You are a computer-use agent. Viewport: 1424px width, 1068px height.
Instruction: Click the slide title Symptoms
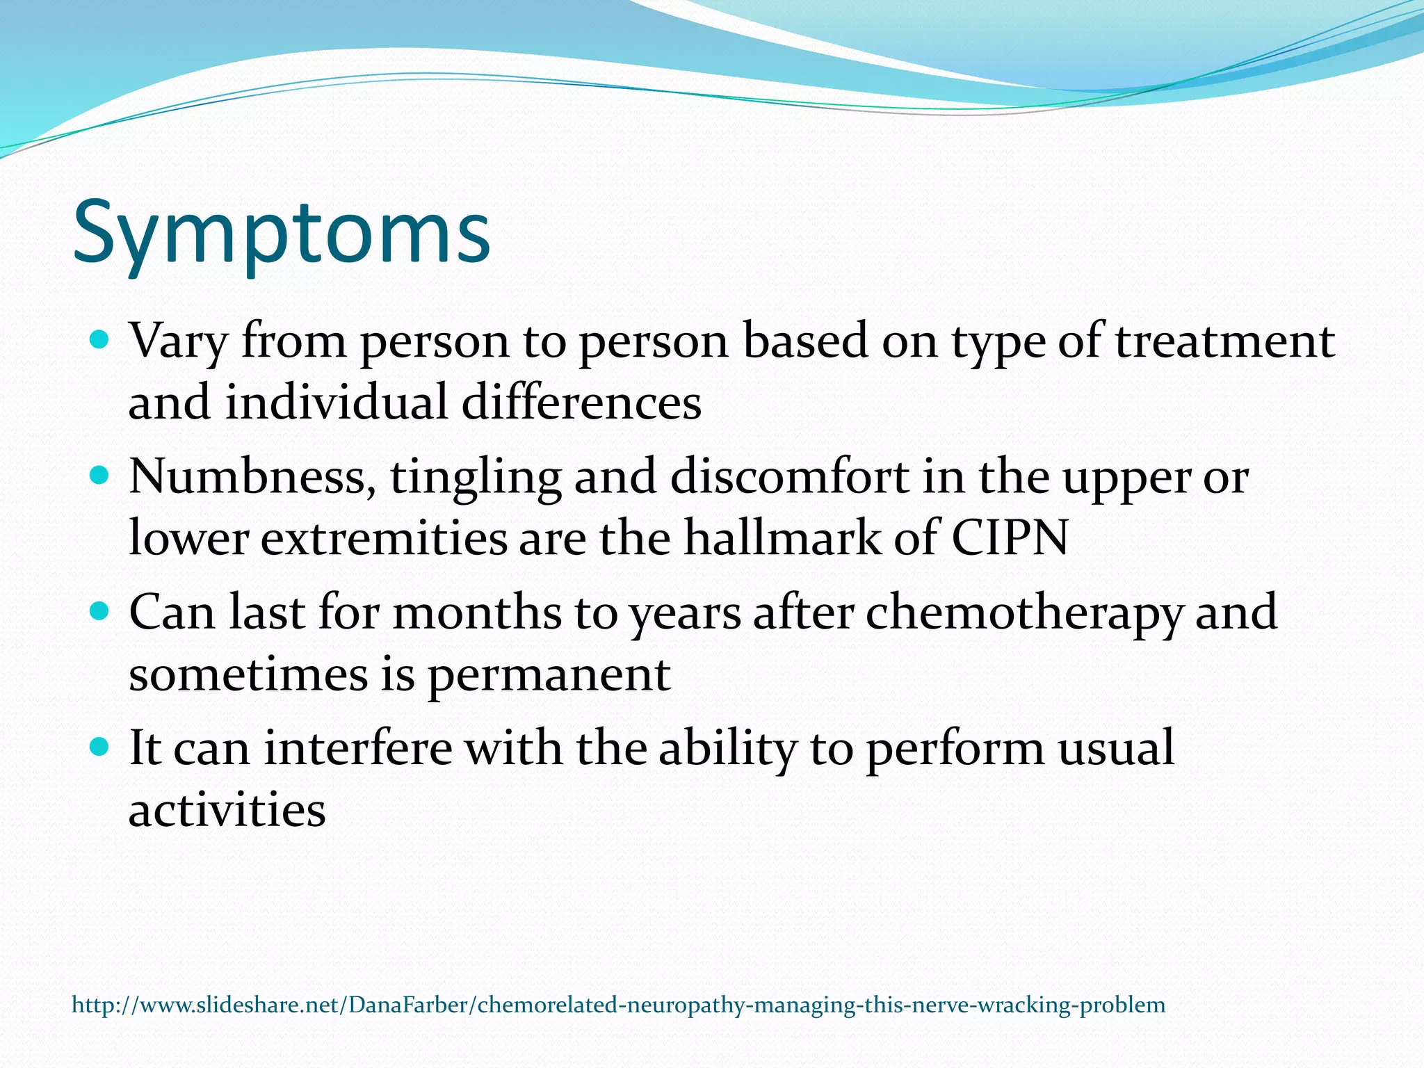pos(282,233)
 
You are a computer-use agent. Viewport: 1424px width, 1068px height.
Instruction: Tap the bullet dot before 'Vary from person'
pos(101,340)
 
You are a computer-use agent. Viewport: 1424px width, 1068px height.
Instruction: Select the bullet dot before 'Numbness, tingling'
pos(101,476)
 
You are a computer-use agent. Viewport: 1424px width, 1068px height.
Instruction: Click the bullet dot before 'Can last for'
pos(101,611)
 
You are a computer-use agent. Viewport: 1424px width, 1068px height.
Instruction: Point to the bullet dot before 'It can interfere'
pos(101,747)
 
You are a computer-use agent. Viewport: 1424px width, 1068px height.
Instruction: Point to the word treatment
pos(1225,341)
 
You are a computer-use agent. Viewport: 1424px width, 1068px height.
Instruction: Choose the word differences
pos(581,403)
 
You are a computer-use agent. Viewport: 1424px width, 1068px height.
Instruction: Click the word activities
pos(227,810)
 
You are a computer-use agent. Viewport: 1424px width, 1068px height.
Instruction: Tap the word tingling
pos(476,478)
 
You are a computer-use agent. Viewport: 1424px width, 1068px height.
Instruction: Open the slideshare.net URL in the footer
pos(618,1005)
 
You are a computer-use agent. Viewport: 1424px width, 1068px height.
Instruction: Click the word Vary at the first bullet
pos(179,343)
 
